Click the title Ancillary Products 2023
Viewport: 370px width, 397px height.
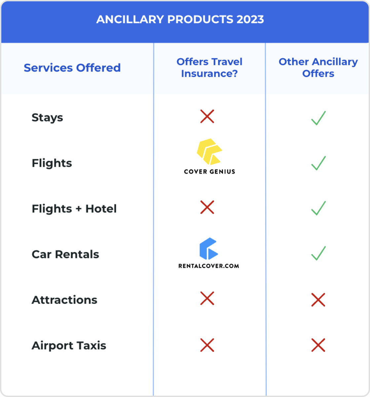(180, 20)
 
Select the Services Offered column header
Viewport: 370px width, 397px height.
(72, 68)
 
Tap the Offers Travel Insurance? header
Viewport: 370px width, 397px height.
(209, 67)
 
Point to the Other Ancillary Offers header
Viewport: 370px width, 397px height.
(318, 67)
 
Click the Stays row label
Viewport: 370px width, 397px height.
(47, 118)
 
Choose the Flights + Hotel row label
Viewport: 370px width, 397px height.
(74, 209)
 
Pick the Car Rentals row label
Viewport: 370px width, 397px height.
(65, 254)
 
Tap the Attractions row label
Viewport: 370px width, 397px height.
(64, 300)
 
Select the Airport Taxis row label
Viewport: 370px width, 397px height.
(69, 346)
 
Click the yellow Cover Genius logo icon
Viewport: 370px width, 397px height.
(209, 152)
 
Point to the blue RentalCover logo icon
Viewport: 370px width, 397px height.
(209, 248)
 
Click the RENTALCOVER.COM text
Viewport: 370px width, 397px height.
(209, 266)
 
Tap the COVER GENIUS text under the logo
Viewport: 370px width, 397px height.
(209, 171)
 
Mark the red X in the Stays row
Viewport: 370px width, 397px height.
(207, 116)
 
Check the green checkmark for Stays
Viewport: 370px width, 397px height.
(318, 118)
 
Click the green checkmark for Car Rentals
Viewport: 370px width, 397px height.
(318, 253)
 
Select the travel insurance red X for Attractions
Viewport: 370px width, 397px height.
(207, 298)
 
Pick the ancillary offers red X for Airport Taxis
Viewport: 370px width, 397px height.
(318, 345)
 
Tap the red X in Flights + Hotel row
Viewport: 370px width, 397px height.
(207, 207)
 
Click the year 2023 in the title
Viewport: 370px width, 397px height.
(250, 20)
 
